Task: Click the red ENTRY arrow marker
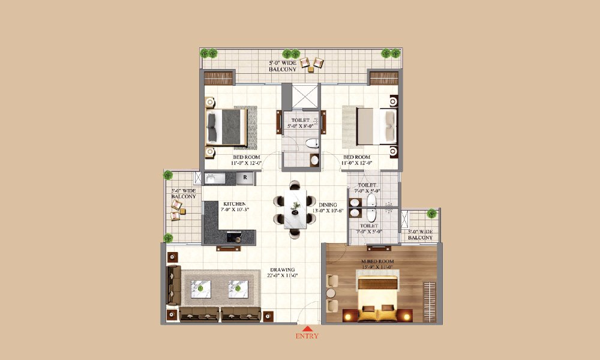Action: (x=307, y=328)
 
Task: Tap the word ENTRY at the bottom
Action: (x=307, y=337)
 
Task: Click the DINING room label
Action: (x=328, y=205)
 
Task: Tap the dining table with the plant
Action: (x=295, y=210)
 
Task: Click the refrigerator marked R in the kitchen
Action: (x=245, y=178)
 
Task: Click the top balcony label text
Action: (x=282, y=66)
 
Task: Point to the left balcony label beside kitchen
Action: (x=183, y=194)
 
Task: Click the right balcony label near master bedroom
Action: (x=420, y=235)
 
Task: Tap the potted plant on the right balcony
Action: (x=431, y=213)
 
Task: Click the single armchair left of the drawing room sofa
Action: (x=173, y=286)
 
